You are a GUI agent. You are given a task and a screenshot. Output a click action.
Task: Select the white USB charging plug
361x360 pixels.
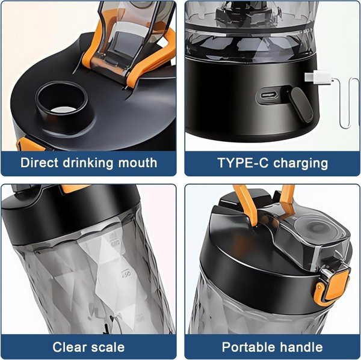click(x=319, y=77)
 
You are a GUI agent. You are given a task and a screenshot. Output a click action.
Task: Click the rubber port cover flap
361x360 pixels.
click(x=300, y=105)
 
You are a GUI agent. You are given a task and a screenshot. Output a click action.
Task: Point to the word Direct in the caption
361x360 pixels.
click(x=39, y=163)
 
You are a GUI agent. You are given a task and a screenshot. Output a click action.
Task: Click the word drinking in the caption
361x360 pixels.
click(x=88, y=163)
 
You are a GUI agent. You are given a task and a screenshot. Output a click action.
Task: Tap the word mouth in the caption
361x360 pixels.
click(x=137, y=163)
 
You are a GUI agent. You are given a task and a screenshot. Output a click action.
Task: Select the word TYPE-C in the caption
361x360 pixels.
click(x=243, y=163)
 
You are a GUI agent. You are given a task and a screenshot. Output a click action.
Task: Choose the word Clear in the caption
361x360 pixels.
click(x=69, y=347)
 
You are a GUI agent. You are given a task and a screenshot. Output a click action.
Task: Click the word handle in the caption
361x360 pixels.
click(x=301, y=347)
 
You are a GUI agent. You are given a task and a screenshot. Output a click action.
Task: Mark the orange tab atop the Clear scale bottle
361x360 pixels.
click(x=73, y=189)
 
